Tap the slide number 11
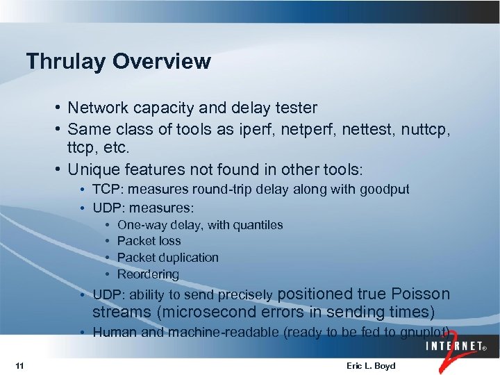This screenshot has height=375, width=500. tap(19, 366)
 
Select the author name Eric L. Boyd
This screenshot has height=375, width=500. tap(370, 366)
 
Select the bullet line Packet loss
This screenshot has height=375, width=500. tap(149, 241)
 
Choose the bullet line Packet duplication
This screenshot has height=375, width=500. tap(167, 258)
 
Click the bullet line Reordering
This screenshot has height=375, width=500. tap(148, 274)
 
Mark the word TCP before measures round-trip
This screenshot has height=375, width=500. tap(106, 189)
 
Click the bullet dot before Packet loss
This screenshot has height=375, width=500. tap(108, 241)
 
